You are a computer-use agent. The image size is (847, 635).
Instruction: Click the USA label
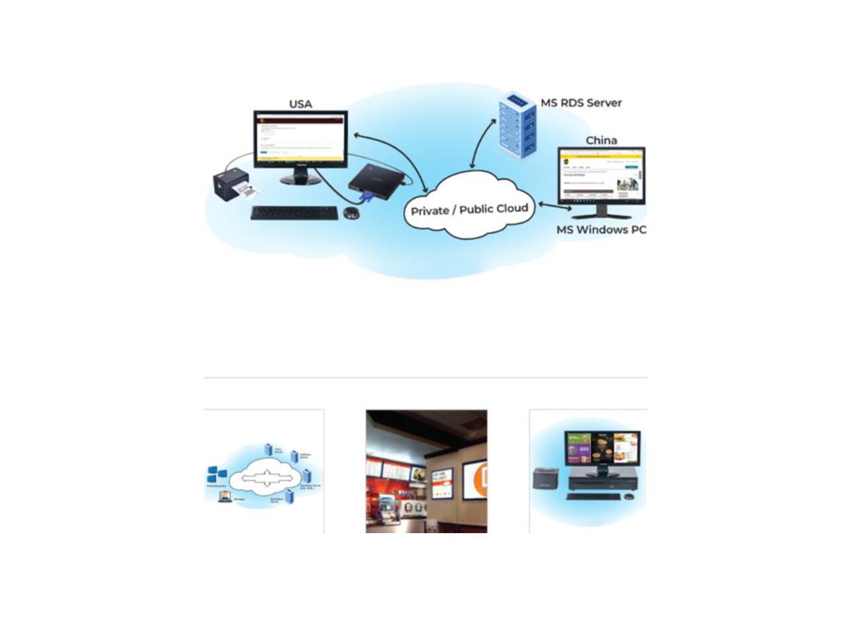300,105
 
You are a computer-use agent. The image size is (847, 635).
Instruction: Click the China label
601,140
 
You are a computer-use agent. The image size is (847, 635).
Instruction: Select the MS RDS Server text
581,103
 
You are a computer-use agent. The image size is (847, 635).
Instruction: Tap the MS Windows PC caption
601,230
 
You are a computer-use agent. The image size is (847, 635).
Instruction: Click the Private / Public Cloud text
469,210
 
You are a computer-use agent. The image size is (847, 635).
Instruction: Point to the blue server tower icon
517,126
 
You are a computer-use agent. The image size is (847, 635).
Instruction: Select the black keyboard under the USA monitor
294,213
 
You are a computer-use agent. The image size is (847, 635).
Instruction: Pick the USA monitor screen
300,138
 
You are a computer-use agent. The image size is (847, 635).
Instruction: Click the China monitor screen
601,177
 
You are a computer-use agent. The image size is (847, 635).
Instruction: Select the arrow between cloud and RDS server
483,144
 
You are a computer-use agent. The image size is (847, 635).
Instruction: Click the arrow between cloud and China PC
555,206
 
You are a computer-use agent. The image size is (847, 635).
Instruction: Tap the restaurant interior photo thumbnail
426,471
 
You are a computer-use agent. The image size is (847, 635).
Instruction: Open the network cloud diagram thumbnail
264,471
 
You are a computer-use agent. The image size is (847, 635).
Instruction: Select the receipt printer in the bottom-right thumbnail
546,478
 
